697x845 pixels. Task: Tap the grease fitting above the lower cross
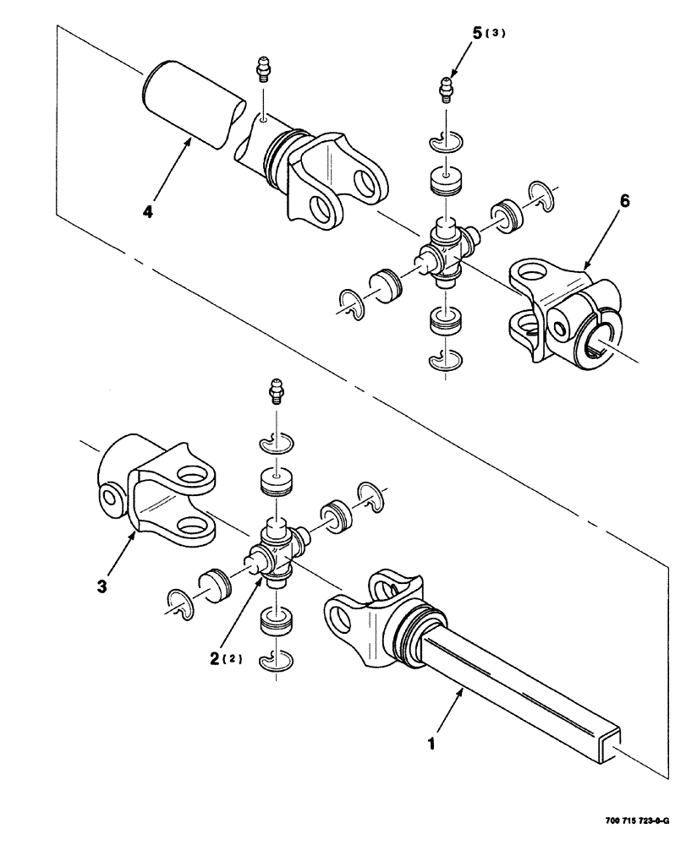click(274, 390)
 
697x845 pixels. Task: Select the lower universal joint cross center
click(276, 548)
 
